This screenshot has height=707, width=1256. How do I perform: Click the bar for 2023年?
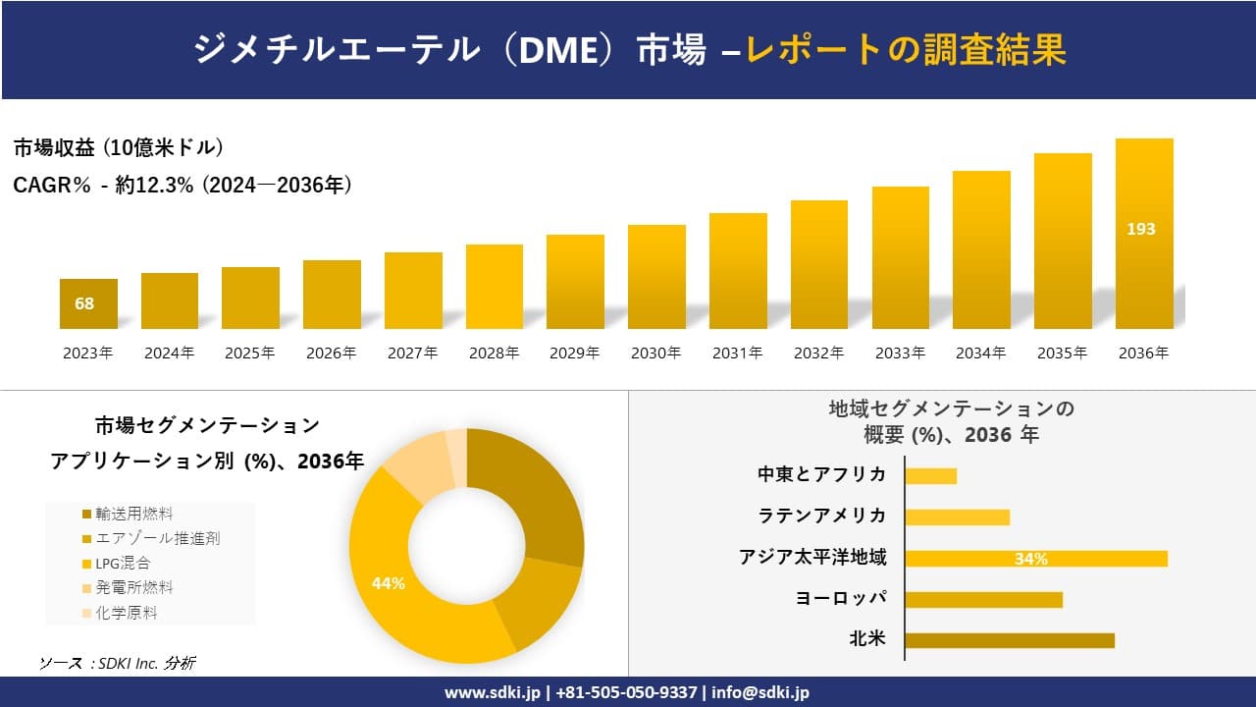[x=88, y=304]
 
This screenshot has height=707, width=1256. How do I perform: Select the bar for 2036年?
[x=1144, y=236]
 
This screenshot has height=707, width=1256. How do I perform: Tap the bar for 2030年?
[x=656, y=277]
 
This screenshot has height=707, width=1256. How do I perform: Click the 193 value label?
[x=1140, y=229]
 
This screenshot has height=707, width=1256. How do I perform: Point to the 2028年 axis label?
[x=494, y=353]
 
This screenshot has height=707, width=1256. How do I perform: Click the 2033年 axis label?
[x=900, y=353]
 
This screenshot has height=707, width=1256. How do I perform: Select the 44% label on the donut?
[x=389, y=583]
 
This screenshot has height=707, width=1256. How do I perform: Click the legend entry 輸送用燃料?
[x=128, y=514]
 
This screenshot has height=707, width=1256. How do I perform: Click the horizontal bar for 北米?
[x=1009, y=640]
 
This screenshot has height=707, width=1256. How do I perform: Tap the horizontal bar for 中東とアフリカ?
[x=930, y=475]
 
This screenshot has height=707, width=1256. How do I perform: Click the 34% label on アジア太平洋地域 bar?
[x=1030, y=559]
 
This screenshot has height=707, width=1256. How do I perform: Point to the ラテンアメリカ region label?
[x=821, y=516]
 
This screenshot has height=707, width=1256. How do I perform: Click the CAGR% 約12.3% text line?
[x=183, y=185]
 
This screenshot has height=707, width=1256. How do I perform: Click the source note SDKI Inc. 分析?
[x=117, y=663]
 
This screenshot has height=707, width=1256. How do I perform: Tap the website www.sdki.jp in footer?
[x=494, y=692]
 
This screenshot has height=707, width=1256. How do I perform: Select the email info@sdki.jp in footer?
[x=760, y=692]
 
